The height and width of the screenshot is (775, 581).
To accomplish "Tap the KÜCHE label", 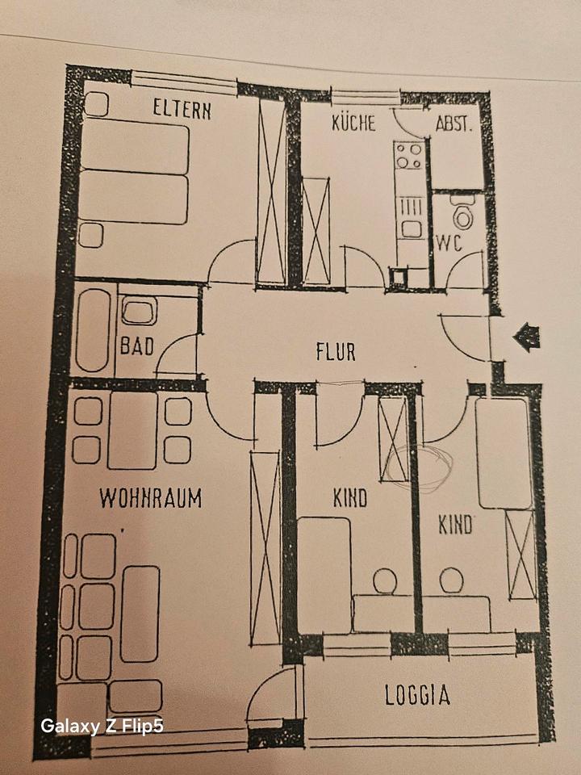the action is [353, 124].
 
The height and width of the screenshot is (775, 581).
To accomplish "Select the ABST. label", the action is [454, 124].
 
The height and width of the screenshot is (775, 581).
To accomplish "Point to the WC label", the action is [449, 242].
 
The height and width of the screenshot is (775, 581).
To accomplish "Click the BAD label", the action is [137, 346].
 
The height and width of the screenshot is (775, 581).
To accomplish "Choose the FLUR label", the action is [335, 352].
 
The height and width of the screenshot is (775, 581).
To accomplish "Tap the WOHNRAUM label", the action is [150, 498].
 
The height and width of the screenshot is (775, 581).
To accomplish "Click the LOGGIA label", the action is [417, 695].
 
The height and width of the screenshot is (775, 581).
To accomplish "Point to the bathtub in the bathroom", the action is [93, 330].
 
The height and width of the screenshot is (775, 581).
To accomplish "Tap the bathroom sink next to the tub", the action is [140, 312].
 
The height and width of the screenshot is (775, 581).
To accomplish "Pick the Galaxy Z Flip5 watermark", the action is [102, 727].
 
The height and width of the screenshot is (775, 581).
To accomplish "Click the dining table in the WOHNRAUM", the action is [132, 429].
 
